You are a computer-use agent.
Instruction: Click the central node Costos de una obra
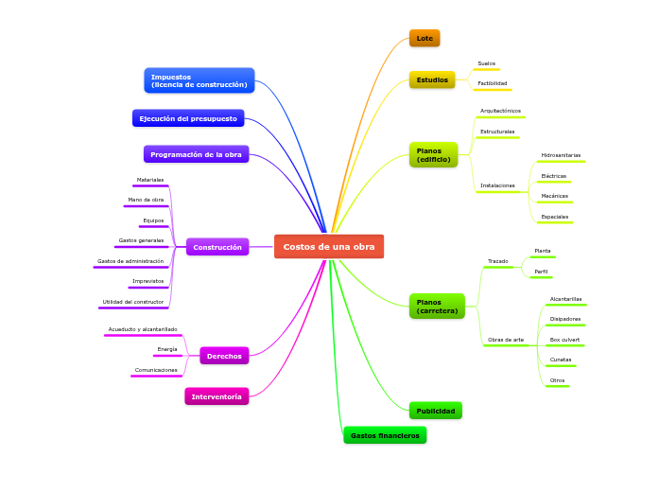pyautogui.click(x=329, y=247)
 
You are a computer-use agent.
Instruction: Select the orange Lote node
pyautogui.click(x=425, y=38)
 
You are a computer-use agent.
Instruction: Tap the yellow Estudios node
pyautogui.click(x=432, y=79)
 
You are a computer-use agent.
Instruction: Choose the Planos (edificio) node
pyautogui.click(x=433, y=154)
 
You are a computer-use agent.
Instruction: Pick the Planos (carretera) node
pyautogui.click(x=437, y=306)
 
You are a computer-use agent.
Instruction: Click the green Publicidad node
pyautogui.click(x=436, y=411)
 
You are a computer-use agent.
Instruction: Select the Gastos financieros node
pyautogui.click(x=385, y=435)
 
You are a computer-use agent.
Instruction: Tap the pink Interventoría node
pyautogui.click(x=217, y=396)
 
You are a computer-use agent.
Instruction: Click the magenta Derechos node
pyautogui.click(x=224, y=356)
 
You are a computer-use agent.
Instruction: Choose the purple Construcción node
pyautogui.click(x=217, y=247)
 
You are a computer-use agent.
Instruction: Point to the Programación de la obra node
pyautogui.click(x=196, y=154)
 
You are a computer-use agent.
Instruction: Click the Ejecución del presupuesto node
pyautogui.click(x=188, y=118)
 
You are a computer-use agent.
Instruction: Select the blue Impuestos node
pyautogui.click(x=199, y=80)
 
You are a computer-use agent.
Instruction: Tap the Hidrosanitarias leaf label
pyautogui.click(x=561, y=154)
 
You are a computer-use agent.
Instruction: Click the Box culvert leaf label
pyautogui.click(x=564, y=339)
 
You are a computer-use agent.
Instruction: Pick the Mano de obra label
pyautogui.click(x=146, y=200)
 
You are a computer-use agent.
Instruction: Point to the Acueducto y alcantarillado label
pyautogui.click(x=142, y=329)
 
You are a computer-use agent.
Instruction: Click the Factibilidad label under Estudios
pyautogui.click(x=492, y=83)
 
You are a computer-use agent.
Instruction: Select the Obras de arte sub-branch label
pyautogui.click(x=505, y=339)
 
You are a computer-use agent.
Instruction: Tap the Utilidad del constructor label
pyautogui.click(x=132, y=302)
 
